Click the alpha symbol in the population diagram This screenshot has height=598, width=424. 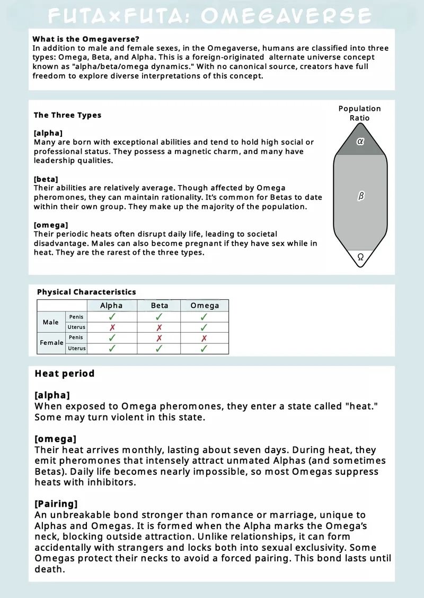[360, 142]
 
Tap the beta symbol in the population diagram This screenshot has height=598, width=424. [361, 196]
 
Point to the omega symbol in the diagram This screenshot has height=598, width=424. [360, 257]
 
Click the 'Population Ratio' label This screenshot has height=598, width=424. [359, 113]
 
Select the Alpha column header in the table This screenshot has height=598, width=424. [111, 306]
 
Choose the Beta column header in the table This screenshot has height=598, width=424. [159, 306]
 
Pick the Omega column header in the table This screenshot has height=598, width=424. [205, 306]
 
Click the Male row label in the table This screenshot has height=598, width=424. [51, 322]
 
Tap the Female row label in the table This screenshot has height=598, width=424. [51, 343]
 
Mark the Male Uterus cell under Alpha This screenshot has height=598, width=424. [112, 327]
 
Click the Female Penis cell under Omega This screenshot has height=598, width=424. [205, 338]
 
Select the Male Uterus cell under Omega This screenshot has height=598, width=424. [205, 327]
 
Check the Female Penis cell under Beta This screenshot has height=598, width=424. [159, 338]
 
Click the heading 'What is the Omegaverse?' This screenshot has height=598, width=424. [86, 39]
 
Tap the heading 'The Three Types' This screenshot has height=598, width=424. [67, 115]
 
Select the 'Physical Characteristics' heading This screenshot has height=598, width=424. [86, 292]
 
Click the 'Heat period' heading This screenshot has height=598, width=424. [65, 374]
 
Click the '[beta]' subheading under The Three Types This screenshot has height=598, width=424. [46, 179]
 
